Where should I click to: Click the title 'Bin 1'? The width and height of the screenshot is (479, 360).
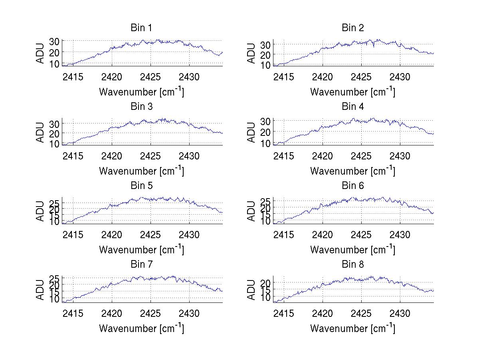[141, 28]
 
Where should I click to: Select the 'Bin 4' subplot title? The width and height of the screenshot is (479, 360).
[352, 107]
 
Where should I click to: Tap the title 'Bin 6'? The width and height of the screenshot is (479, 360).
[352, 185]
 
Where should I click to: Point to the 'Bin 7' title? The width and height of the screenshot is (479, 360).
[141, 264]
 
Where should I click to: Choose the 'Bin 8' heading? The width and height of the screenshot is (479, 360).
[352, 264]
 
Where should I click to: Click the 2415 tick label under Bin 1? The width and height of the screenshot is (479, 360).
[73, 77]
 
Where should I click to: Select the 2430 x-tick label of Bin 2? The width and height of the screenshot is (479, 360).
[400, 77]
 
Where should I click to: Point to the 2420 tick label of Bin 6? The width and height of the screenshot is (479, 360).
[323, 235]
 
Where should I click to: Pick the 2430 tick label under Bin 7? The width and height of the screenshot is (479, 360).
[189, 313]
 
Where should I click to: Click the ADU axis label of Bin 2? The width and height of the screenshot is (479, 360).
[251, 53]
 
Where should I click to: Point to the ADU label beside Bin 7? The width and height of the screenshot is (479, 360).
[40, 290]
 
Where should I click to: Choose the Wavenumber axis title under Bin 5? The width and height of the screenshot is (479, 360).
[141, 250]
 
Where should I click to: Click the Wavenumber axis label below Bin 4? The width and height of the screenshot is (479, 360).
[352, 171]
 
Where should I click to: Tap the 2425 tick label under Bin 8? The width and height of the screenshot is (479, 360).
[361, 313]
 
